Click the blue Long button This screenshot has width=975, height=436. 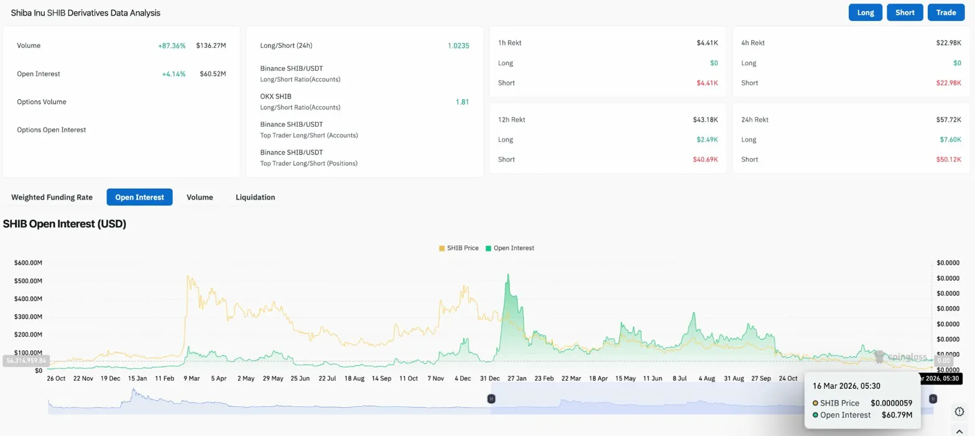point(865,12)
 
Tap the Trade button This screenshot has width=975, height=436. point(946,12)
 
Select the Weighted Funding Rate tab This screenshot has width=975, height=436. point(52,198)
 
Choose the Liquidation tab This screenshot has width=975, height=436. point(255,198)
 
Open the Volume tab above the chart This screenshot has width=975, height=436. point(200,198)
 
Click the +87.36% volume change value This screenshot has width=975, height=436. point(172,46)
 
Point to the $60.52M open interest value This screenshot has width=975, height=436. point(211,74)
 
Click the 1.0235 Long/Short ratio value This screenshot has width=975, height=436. point(458,46)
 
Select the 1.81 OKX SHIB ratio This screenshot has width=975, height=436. point(462,102)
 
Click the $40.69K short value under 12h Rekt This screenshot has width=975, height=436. point(705,160)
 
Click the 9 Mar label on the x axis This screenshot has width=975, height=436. point(192,378)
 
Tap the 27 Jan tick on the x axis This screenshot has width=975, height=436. point(517,378)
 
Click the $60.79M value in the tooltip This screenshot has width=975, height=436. point(897,415)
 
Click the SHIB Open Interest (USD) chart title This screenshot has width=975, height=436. point(65,224)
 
